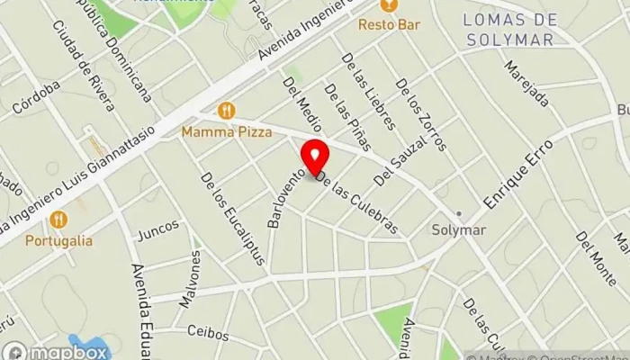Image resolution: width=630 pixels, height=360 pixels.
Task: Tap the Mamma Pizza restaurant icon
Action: [226, 111]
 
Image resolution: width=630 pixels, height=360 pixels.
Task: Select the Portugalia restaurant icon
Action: [58, 219]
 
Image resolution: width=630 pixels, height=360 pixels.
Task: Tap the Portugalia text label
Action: [58, 240]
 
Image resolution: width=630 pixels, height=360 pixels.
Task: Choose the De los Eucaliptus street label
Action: [233, 219]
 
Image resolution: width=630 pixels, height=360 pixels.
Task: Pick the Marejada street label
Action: [524, 84]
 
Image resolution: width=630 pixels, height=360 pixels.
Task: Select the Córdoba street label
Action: [37, 97]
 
